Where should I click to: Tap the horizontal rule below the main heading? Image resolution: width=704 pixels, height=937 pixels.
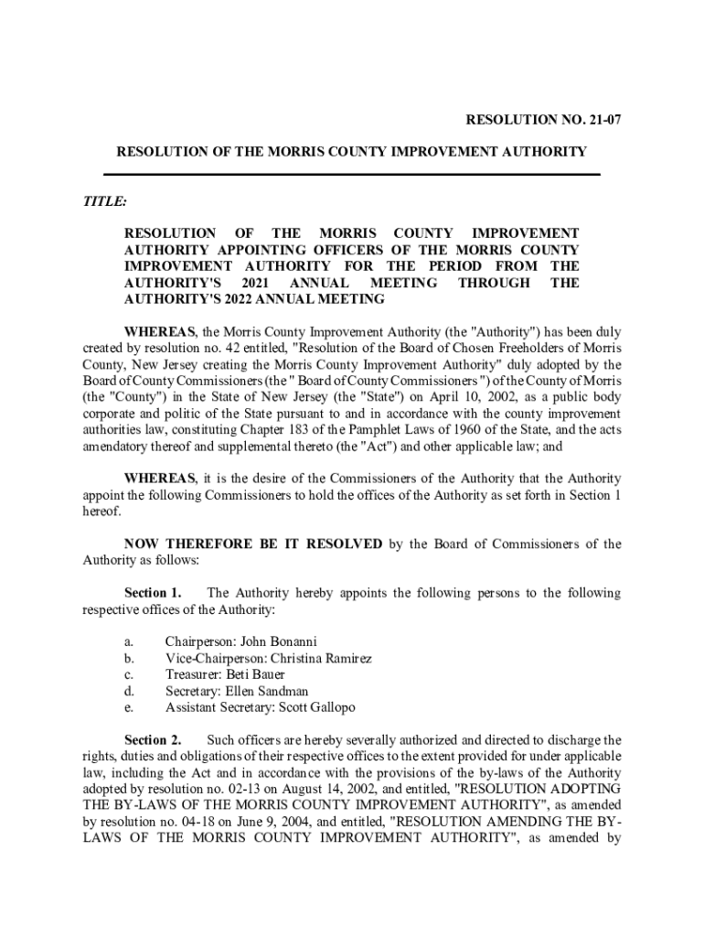pyautogui.click(x=351, y=174)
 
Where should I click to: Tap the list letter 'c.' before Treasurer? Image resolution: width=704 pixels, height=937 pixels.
pyautogui.click(x=129, y=674)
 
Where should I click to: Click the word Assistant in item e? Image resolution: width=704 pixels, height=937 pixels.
pyautogui.click(x=193, y=707)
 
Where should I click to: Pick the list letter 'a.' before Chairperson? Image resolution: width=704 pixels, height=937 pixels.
pyautogui.click(x=129, y=641)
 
